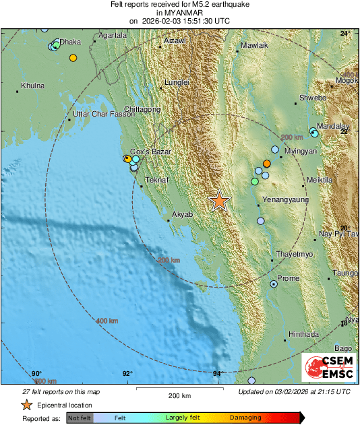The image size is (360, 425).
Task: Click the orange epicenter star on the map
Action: [x=219, y=201]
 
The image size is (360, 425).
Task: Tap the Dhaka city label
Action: [x=70, y=42]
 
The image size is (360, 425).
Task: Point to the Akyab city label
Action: [x=183, y=214]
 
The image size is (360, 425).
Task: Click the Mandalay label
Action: [x=333, y=126]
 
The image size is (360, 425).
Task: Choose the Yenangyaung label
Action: [x=284, y=200]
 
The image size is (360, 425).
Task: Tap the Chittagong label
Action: [x=142, y=109]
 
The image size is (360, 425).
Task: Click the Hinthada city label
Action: [x=303, y=334]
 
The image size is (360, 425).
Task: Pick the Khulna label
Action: [x=32, y=86]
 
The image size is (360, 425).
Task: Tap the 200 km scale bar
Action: [x=179, y=389]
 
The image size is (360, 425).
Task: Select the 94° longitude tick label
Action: [x=218, y=374]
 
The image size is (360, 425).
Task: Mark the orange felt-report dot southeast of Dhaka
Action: [x=73, y=58]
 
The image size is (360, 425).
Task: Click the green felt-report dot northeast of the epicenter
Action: [x=254, y=182]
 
